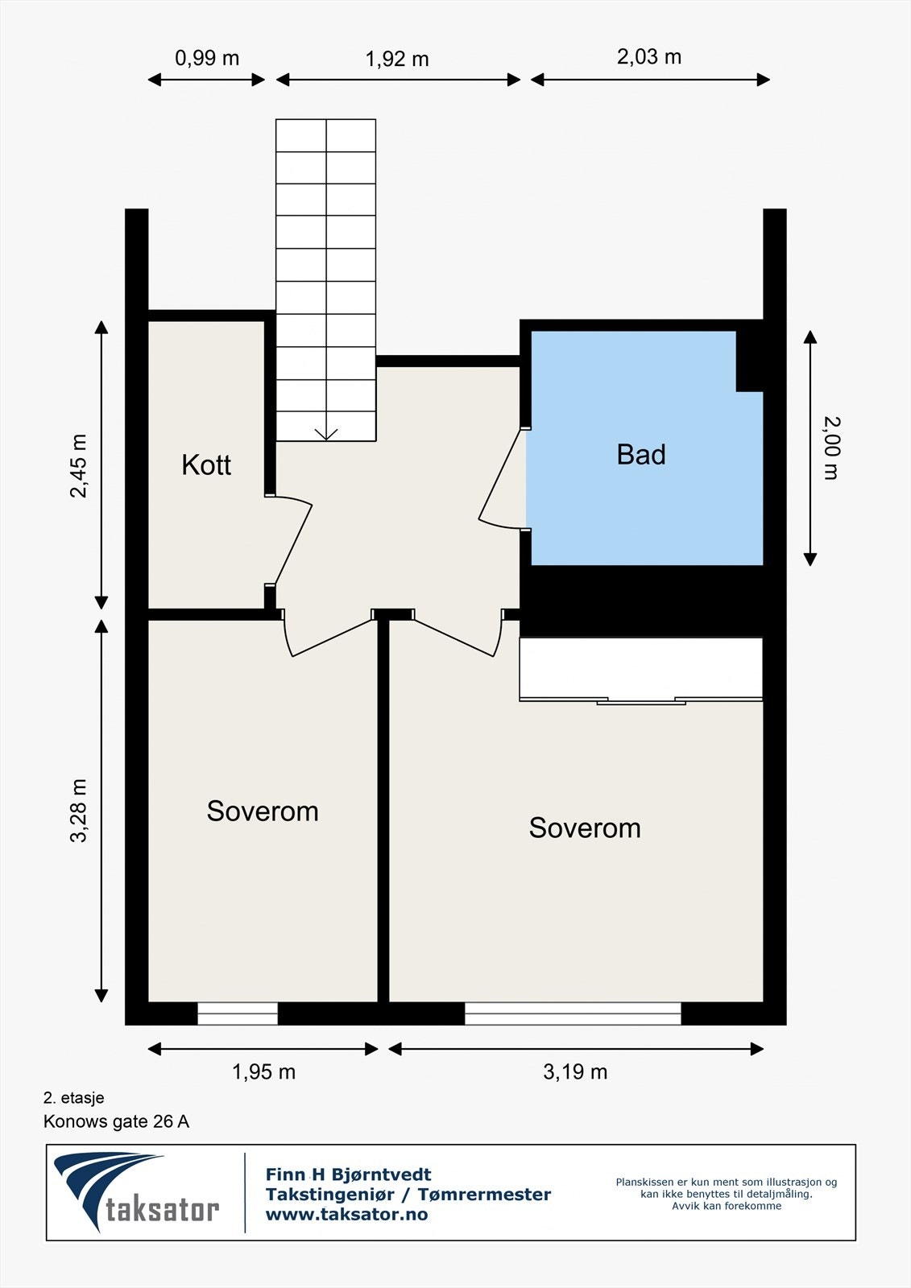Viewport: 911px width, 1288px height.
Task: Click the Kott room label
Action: (206, 465)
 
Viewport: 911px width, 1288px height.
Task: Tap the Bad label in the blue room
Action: (641, 455)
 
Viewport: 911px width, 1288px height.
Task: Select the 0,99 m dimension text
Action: (206, 58)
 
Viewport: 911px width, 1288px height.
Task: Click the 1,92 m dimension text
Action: (397, 59)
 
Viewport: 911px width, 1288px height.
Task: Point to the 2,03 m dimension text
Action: (649, 57)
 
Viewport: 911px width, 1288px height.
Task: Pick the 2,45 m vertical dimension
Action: (78, 466)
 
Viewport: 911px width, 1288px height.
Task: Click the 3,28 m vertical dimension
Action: (78, 811)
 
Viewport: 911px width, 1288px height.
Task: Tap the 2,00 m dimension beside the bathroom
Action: (832, 448)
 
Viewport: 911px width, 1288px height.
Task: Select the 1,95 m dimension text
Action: (263, 1071)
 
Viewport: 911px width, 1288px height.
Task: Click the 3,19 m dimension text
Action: (575, 1071)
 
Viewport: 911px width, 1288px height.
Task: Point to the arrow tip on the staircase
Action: (326, 440)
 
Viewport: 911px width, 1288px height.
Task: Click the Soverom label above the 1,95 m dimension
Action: (263, 811)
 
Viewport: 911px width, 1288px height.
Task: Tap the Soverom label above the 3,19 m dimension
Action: (585, 828)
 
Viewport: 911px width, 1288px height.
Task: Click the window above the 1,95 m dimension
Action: (238, 1013)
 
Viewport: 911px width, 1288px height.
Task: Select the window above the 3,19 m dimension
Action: (573, 1013)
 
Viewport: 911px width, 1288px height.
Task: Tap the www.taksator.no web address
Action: (346, 1215)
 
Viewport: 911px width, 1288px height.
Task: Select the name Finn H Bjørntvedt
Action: (348, 1174)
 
